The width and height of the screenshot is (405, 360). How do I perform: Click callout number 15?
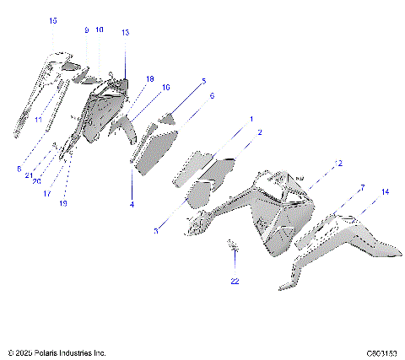pos(53,20)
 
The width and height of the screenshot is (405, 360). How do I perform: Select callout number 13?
pos(125,32)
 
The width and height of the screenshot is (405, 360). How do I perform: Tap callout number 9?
pos(86,30)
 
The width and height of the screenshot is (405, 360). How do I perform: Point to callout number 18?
pos(149,78)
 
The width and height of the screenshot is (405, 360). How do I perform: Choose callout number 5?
pos(202,81)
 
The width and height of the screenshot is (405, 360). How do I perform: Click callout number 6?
pos(212,96)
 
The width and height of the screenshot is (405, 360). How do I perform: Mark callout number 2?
pos(259,132)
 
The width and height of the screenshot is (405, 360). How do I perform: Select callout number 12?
pos(338,163)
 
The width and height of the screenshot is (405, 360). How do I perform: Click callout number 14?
pos(385,192)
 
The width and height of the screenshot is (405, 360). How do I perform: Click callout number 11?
pos(38,120)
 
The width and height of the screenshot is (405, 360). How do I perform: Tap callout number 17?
pos(47,192)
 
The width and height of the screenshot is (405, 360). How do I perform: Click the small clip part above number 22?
pos(233,245)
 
